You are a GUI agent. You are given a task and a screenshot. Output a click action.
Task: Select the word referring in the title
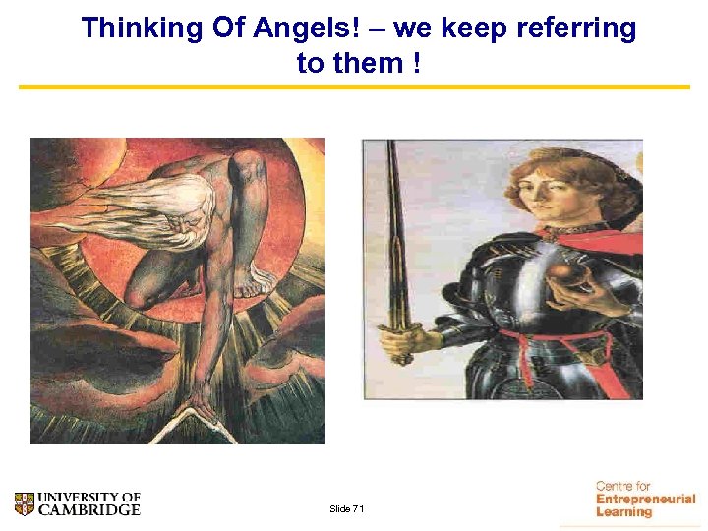tap(577, 29)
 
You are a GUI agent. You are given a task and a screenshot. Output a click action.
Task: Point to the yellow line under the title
tap(354, 88)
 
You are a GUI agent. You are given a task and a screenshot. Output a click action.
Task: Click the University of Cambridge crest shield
tap(25, 504)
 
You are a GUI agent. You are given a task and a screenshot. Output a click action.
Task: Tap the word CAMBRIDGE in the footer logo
tap(89, 510)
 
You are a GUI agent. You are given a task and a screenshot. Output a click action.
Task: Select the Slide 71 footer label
tap(346, 508)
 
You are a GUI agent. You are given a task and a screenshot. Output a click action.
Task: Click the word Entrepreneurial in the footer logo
tap(645, 500)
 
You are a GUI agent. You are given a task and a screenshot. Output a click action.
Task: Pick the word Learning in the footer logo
tap(624, 512)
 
